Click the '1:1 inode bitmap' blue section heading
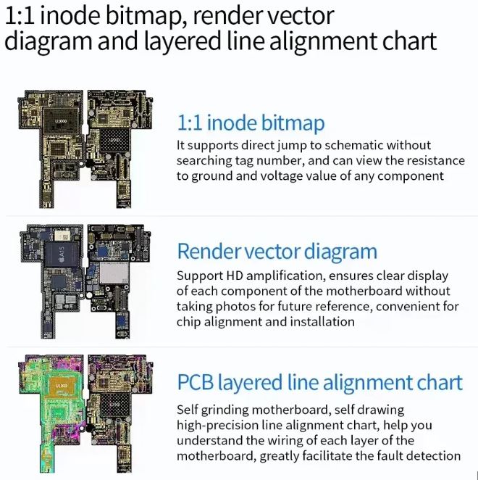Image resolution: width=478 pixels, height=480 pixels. pos(251,122)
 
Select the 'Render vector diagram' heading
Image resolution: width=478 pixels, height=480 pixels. pos(277,252)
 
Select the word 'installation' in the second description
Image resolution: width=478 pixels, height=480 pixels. pos(322,322)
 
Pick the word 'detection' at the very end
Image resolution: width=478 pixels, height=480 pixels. pos(431,456)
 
